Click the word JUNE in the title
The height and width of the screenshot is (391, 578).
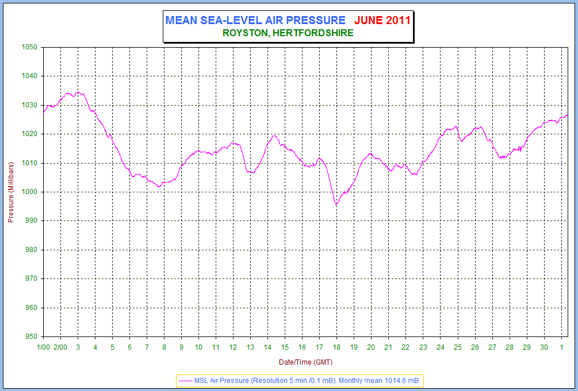click(369, 20)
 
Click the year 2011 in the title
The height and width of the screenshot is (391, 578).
click(398, 20)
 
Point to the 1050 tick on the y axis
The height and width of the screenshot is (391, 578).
click(29, 48)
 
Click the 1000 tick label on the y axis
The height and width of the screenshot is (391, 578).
click(29, 192)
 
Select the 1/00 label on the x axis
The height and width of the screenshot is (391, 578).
click(43, 347)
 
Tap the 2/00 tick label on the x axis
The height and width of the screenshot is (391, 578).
click(60, 347)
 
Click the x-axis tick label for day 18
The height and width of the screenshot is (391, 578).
click(336, 347)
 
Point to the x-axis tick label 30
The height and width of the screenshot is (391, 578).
click(543, 347)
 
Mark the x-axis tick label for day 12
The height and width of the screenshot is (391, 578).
click(233, 347)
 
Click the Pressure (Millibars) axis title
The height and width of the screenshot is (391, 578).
click(10, 192)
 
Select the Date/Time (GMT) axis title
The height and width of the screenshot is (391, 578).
click(305, 362)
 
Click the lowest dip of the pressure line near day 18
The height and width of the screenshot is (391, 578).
click(336, 204)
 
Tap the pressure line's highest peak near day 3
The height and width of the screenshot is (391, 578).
click(78, 92)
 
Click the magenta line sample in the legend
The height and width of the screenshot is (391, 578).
click(185, 380)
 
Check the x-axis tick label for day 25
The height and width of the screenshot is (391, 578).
click(457, 347)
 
